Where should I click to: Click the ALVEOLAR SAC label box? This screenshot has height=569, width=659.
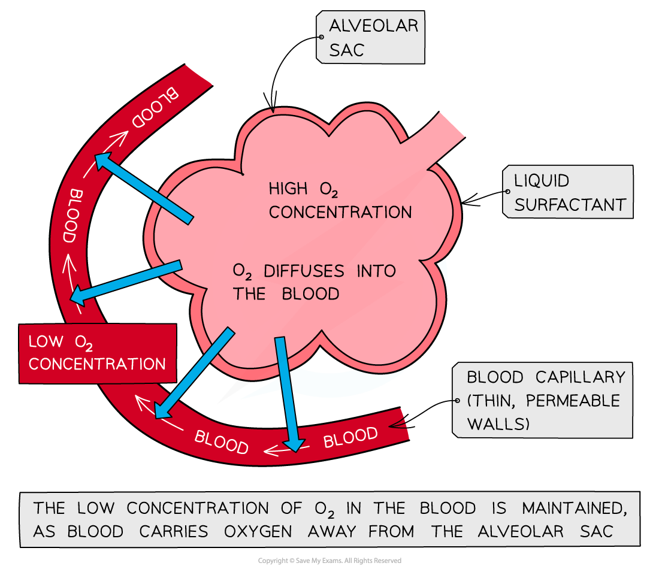[x=370, y=38]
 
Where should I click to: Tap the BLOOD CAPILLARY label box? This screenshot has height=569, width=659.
[x=542, y=400]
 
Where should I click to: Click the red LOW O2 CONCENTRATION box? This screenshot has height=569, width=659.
[x=97, y=353]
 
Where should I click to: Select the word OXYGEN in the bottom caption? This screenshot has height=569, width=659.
[x=261, y=532]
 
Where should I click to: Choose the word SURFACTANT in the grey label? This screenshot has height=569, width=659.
[x=570, y=205]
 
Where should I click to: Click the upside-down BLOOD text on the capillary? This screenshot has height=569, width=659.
[x=155, y=108]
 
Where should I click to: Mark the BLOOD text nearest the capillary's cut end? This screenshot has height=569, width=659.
[x=350, y=437]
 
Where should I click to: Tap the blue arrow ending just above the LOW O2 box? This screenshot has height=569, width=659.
[x=126, y=280]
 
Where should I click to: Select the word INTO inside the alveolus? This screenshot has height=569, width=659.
[x=376, y=271]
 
